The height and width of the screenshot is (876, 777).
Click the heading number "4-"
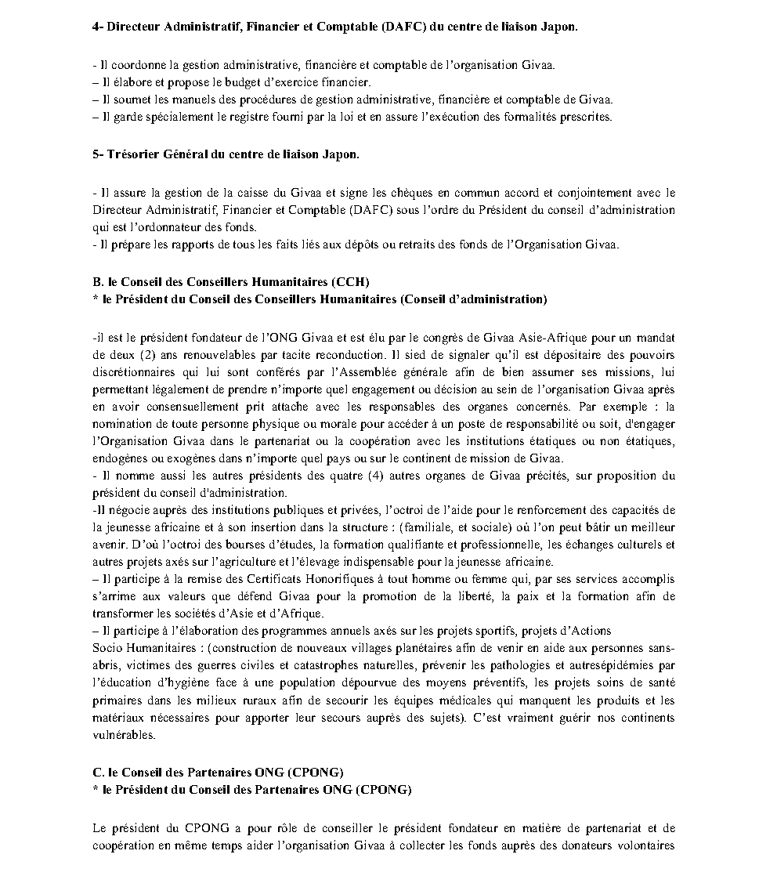98,27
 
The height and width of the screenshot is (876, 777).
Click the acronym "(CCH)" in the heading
349,281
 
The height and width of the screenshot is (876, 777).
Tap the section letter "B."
98,281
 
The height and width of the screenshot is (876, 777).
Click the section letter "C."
98,772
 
